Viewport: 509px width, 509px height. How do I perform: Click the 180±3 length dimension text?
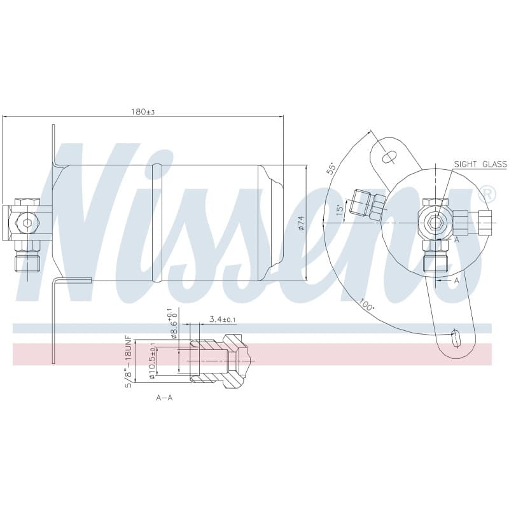click(143, 112)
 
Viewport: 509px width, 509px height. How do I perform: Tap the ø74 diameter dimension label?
click(300, 223)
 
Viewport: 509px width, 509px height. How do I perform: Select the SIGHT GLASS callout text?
click(480, 164)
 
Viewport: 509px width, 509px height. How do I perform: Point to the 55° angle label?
click(331, 169)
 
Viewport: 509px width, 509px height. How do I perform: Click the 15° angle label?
click(340, 210)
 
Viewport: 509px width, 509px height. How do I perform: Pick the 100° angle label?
click(366, 305)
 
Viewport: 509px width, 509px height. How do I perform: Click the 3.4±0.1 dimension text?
click(223, 319)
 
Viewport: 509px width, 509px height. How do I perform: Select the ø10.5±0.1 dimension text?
click(152, 361)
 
